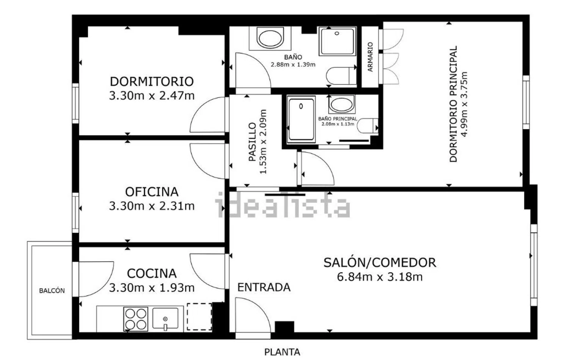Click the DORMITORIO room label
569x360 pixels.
(x=152, y=82)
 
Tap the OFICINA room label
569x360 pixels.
(x=152, y=192)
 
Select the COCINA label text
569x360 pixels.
(x=152, y=273)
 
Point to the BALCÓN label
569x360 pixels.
(x=52, y=291)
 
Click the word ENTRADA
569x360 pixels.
(x=264, y=288)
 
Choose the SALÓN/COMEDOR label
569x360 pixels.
(x=380, y=263)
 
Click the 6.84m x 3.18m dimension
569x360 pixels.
(x=380, y=277)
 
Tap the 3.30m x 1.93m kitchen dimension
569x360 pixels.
(x=152, y=288)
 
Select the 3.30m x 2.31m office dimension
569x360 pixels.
(x=152, y=206)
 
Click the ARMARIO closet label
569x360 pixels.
(x=370, y=57)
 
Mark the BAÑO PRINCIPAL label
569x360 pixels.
(x=338, y=119)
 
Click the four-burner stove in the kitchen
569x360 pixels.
(x=136, y=319)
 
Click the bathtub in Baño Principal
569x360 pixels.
(x=301, y=119)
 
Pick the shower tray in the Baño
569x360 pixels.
(x=337, y=41)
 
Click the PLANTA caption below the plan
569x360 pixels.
(x=282, y=352)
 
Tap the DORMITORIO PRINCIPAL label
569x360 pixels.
(x=454, y=104)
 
